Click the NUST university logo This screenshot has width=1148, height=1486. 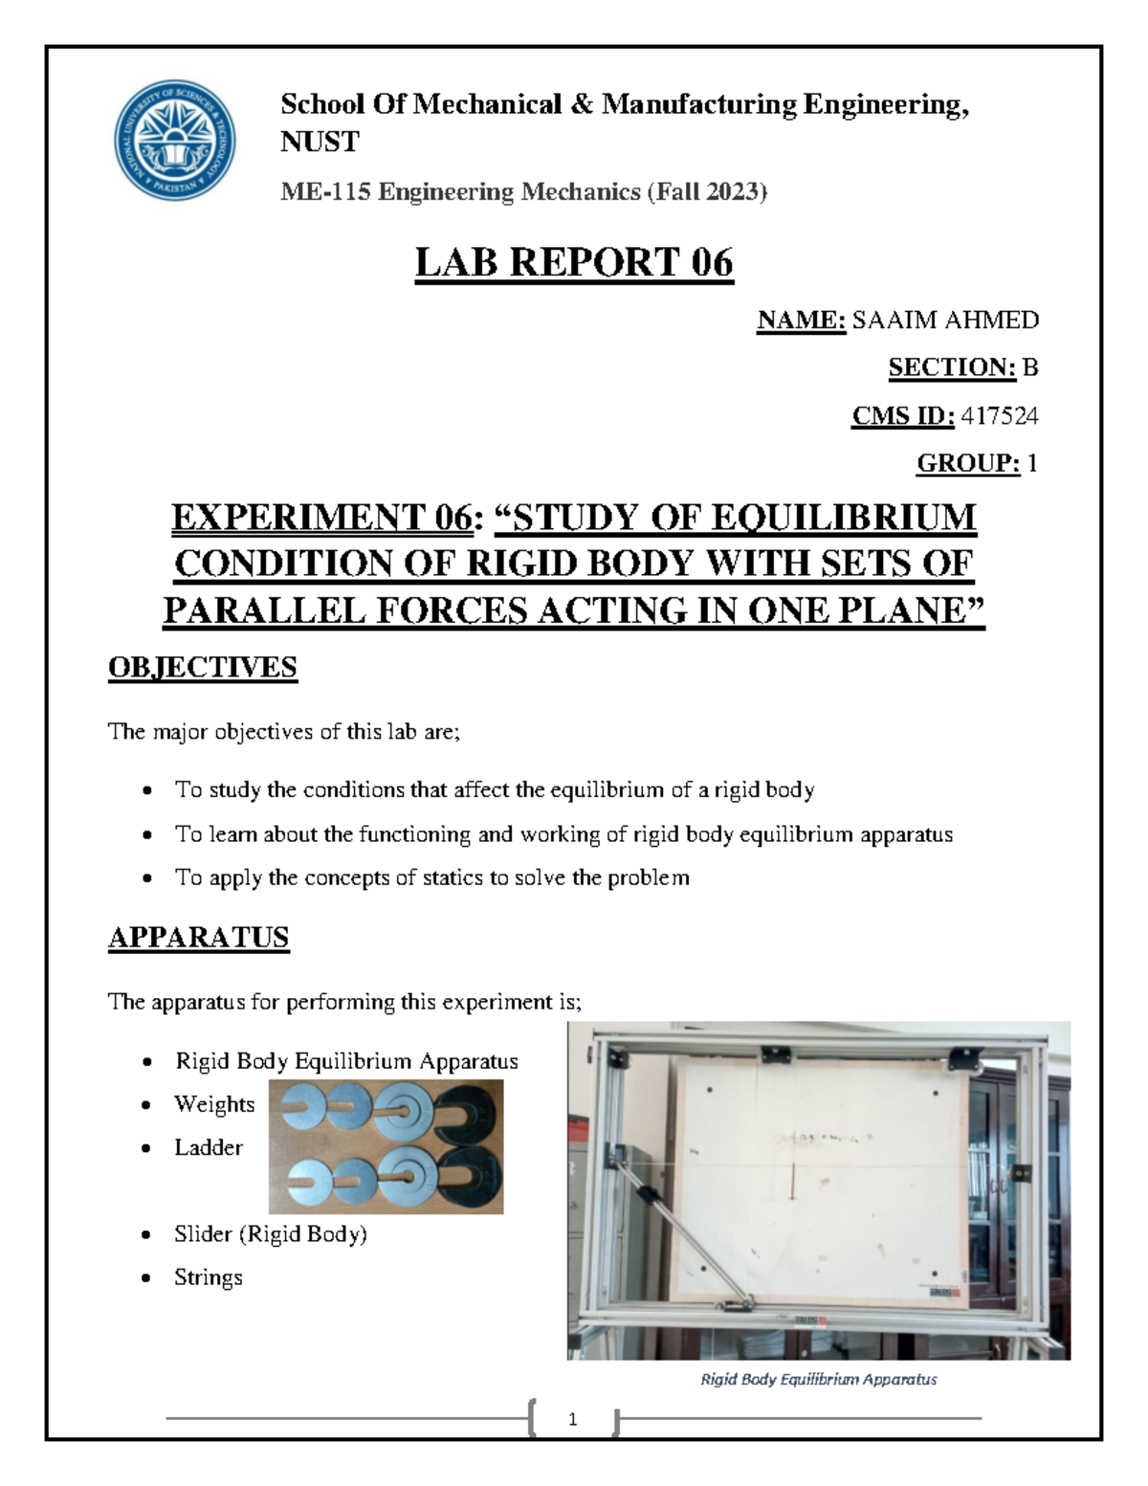tap(174, 140)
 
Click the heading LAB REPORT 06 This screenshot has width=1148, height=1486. tap(574, 262)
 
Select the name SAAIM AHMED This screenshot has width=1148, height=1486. tap(945, 320)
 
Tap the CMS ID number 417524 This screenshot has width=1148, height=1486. tap(1000, 415)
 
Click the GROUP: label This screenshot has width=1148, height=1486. tap(968, 463)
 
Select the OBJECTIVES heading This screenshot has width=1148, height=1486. tap(203, 667)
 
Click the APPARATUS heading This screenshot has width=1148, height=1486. tap(198, 937)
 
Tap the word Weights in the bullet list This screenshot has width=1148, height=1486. tap(214, 1104)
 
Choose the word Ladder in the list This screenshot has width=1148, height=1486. tap(209, 1147)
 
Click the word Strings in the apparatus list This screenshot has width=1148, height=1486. tap(209, 1277)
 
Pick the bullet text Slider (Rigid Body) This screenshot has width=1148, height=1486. tap(271, 1234)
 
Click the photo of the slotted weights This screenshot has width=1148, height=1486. tap(386, 1146)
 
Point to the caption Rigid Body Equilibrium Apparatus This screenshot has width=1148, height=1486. tap(819, 1379)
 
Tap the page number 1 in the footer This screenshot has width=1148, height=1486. tap(572, 1419)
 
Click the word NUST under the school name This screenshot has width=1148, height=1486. tap(320, 142)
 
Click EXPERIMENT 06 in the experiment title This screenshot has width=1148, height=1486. tap(320, 518)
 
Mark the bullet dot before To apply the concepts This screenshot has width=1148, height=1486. tap(146, 878)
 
